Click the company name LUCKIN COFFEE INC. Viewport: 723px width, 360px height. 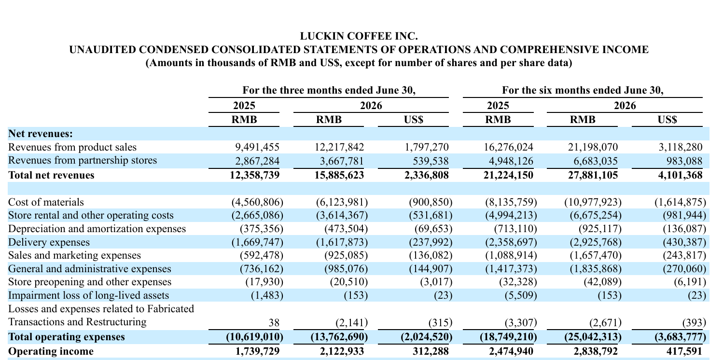(359, 36)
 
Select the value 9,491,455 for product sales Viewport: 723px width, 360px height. (257, 147)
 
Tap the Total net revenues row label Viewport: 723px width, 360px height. (51, 175)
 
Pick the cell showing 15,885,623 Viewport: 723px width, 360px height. (339, 175)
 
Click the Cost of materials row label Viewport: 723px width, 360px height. (46, 202)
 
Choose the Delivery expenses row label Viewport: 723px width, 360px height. (49, 242)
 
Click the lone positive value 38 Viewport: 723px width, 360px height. (274, 322)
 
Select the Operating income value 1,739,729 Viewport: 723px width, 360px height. (257, 351)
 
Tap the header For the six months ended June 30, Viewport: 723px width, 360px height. (583, 90)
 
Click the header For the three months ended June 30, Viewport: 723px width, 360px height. (329, 90)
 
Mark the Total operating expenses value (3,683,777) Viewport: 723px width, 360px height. (681, 337)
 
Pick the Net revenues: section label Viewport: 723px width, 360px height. (41, 134)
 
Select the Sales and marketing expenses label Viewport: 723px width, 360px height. (74, 255)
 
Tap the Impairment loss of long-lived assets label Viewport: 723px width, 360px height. (88, 295)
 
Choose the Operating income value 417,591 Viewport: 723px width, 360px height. (684, 351)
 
